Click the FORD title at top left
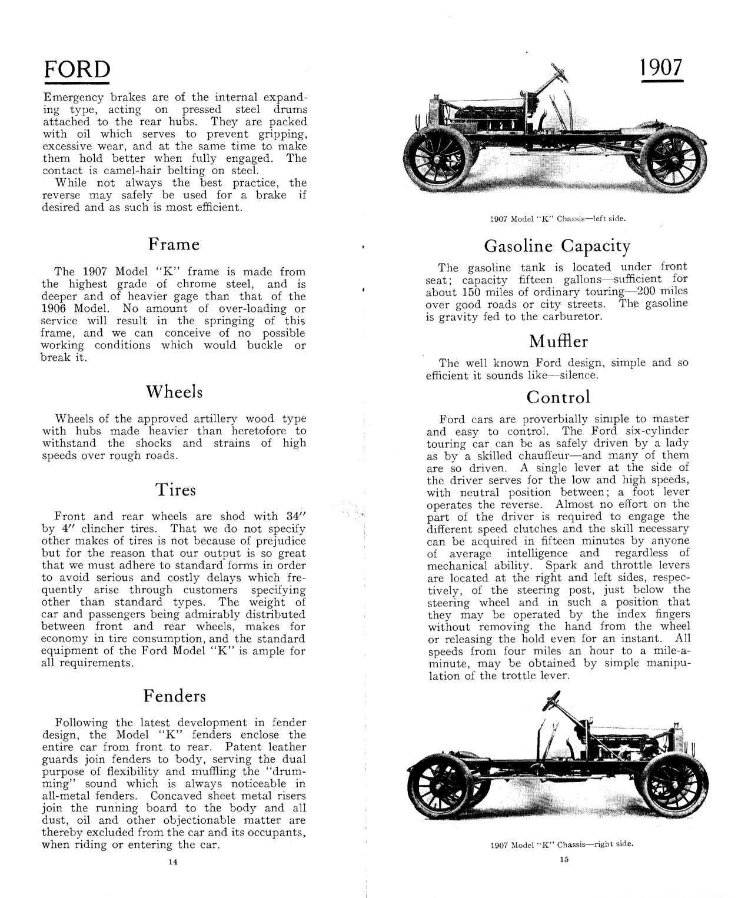[77, 70]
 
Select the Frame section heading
[174, 244]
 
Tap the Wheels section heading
[174, 392]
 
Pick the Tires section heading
[175, 490]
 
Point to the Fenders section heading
[175, 696]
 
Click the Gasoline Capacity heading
[557, 246]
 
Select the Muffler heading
[558, 341]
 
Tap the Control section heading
[558, 397]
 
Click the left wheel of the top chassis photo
[438, 157]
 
